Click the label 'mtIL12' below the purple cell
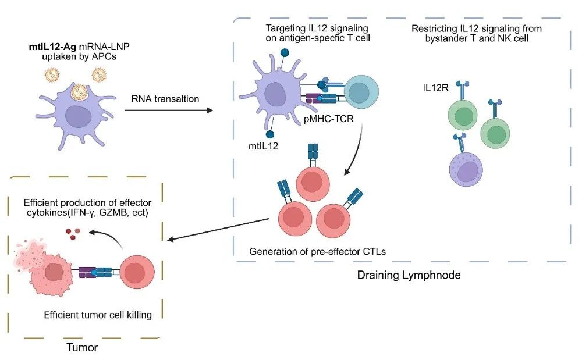(x=263, y=146)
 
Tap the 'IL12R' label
(x=436, y=88)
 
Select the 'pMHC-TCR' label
(x=328, y=119)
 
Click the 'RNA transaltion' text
(x=165, y=99)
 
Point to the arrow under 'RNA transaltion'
(x=169, y=110)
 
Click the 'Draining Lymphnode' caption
(x=409, y=275)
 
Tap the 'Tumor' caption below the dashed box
(x=82, y=347)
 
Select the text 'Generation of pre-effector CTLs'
(x=317, y=252)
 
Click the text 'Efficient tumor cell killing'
(x=98, y=315)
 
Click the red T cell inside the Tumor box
(x=137, y=272)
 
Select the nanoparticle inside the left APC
(x=79, y=92)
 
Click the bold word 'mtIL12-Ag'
(x=52, y=47)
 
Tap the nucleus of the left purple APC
(x=78, y=116)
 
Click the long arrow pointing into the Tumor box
(x=218, y=229)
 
